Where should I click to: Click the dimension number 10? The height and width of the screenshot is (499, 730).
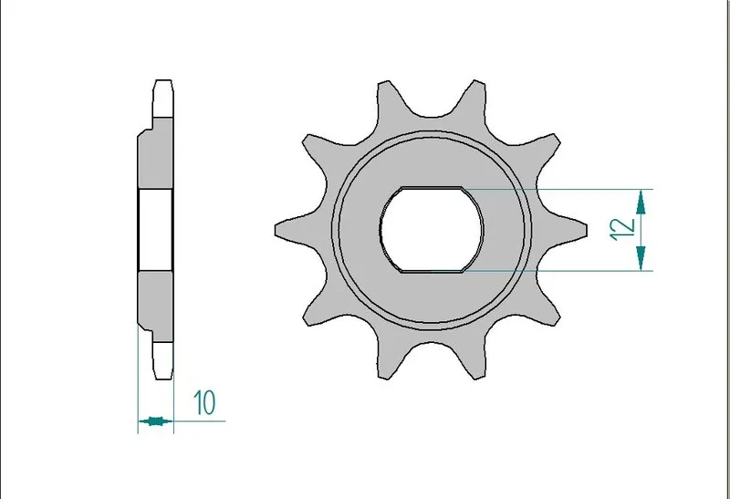coord(203,401)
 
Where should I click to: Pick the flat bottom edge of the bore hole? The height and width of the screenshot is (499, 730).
coord(433,271)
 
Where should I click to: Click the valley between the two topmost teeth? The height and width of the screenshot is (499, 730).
coord(430,114)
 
